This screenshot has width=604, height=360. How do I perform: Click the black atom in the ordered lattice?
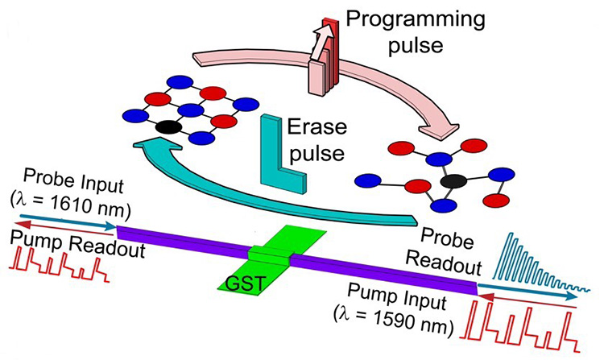[167, 126]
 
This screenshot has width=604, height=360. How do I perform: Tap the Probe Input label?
[64, 175]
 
